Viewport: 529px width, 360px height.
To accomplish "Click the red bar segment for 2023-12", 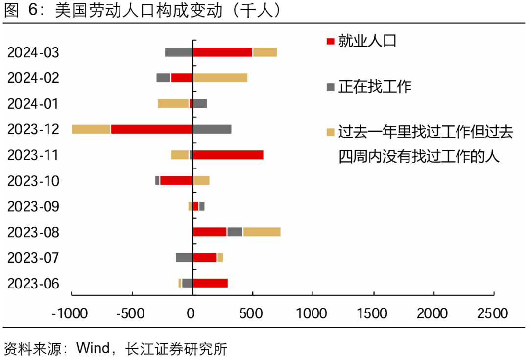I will [152, 129].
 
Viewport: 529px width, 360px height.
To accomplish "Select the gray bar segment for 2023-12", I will [212, 129].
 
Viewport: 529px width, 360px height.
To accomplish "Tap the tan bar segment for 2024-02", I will [220, 78].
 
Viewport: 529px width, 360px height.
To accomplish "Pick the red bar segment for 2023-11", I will [228, 155].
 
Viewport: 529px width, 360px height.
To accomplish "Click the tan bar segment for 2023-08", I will [262, 232].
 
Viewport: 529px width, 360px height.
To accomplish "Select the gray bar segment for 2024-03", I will [179, 52].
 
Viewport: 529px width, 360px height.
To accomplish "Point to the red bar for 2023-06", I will [210, 283].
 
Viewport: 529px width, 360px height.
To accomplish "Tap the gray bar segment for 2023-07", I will [184, 257].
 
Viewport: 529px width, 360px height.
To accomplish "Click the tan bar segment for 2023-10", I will [201, 180].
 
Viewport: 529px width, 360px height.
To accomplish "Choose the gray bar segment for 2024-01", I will [200, 103].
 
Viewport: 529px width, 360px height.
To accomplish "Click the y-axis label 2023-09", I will [33, 206].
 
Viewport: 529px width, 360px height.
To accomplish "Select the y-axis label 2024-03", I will [33, 52].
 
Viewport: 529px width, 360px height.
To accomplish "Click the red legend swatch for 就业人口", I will [331, 41].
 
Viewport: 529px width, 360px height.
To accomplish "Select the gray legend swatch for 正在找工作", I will [331, 87].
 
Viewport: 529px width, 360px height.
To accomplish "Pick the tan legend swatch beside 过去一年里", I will [331, 132].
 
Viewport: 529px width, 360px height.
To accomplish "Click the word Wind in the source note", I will [93, 349].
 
